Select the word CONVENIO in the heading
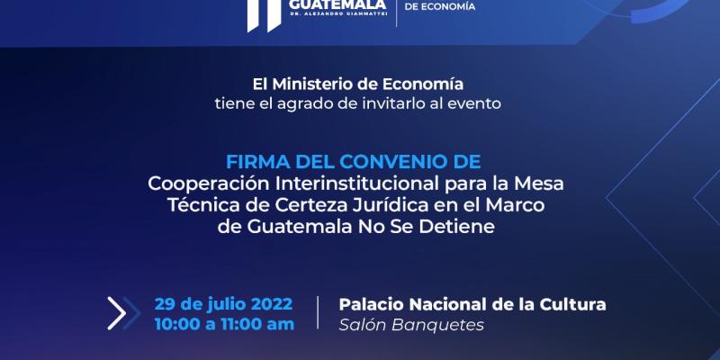(x=395, y=162)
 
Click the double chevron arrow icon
(x=118, y=312)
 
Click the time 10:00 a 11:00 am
(x=224, y=324)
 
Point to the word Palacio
(x=370, y=303)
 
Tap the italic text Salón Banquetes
(x=410, y=325)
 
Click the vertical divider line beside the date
(x=317, y=313)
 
